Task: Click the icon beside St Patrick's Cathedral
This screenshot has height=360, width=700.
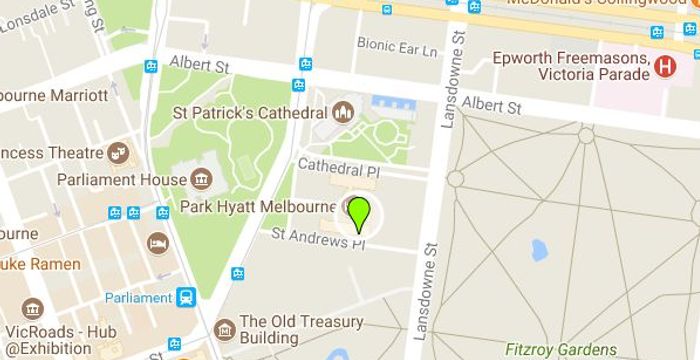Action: pyautogui.click(x=343, y=111)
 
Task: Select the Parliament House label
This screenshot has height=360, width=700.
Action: pyautogui.click(x=122, y=180)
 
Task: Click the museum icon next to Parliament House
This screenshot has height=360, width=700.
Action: pyautogui.click(x=200, y=180)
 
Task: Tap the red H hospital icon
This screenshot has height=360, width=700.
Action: pyautogui.click(x=666, y=66)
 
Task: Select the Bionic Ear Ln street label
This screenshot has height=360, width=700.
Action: pyautogui.click(x=397, y=47)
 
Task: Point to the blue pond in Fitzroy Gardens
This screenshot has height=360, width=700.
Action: pyautogui.click(x=540, y=249)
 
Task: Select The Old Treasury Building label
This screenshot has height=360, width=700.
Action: pyautogui.click(x=302, y=329)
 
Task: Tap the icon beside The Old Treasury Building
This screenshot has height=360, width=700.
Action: pyautogui.click(x=226, y=329)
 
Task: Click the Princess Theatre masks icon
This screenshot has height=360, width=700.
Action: pyautogui.click(x=120, y=153)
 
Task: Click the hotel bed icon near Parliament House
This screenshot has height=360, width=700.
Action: pyautogui.click(x=158, y=243)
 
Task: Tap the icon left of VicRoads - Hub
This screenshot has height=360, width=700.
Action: pyautogui.click(x=33, y=309)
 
